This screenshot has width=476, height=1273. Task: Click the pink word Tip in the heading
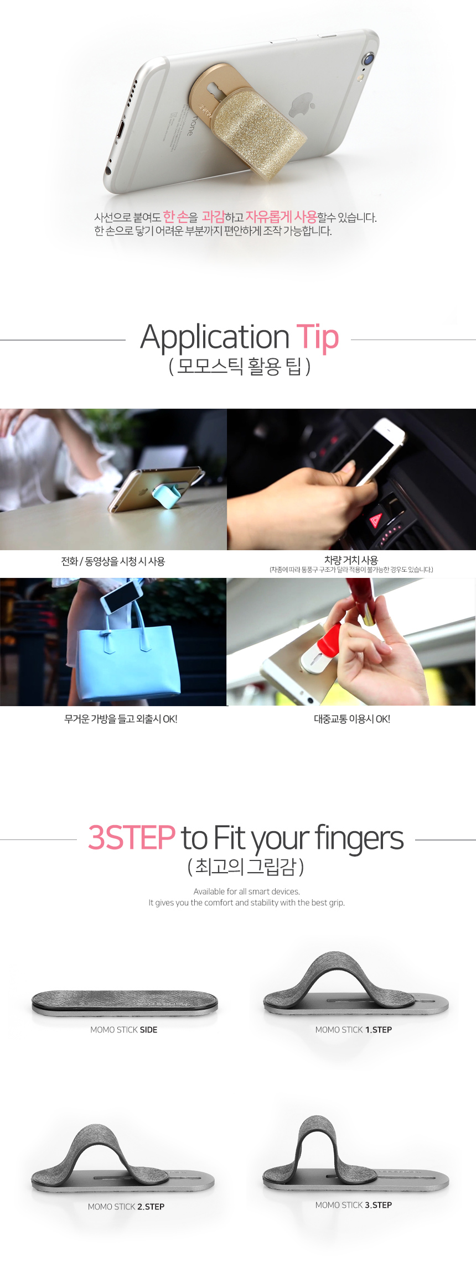pyautogui.click(x=318, y=337)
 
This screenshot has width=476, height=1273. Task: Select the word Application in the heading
pyautogui.click(x=215, y=337)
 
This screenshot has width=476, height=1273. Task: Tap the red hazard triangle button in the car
pyautogui.click(x=376, y=520)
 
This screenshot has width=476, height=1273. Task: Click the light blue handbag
pyautogui.click(x=127, y=655)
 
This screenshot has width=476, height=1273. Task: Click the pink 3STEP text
pyautogui.click(x=131, y=838)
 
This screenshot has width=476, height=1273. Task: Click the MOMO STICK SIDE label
pyautogui.click(x=124, y=1030)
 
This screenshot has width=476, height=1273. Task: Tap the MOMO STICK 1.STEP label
pyautogui.click(x=354, y=1030)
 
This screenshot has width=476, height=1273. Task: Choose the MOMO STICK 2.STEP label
pyautogui.click(x=126, y=1207)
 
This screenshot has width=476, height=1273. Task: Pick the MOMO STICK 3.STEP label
pyautogui.click(x=354, y=1205)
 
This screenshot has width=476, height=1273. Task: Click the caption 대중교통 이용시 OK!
pyautogui.click(x=352, y=719)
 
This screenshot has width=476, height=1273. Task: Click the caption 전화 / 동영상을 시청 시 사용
pyautogui.click(x=113, y=561)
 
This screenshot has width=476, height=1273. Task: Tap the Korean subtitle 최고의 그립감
pyautogui.click(x=246, y=867)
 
